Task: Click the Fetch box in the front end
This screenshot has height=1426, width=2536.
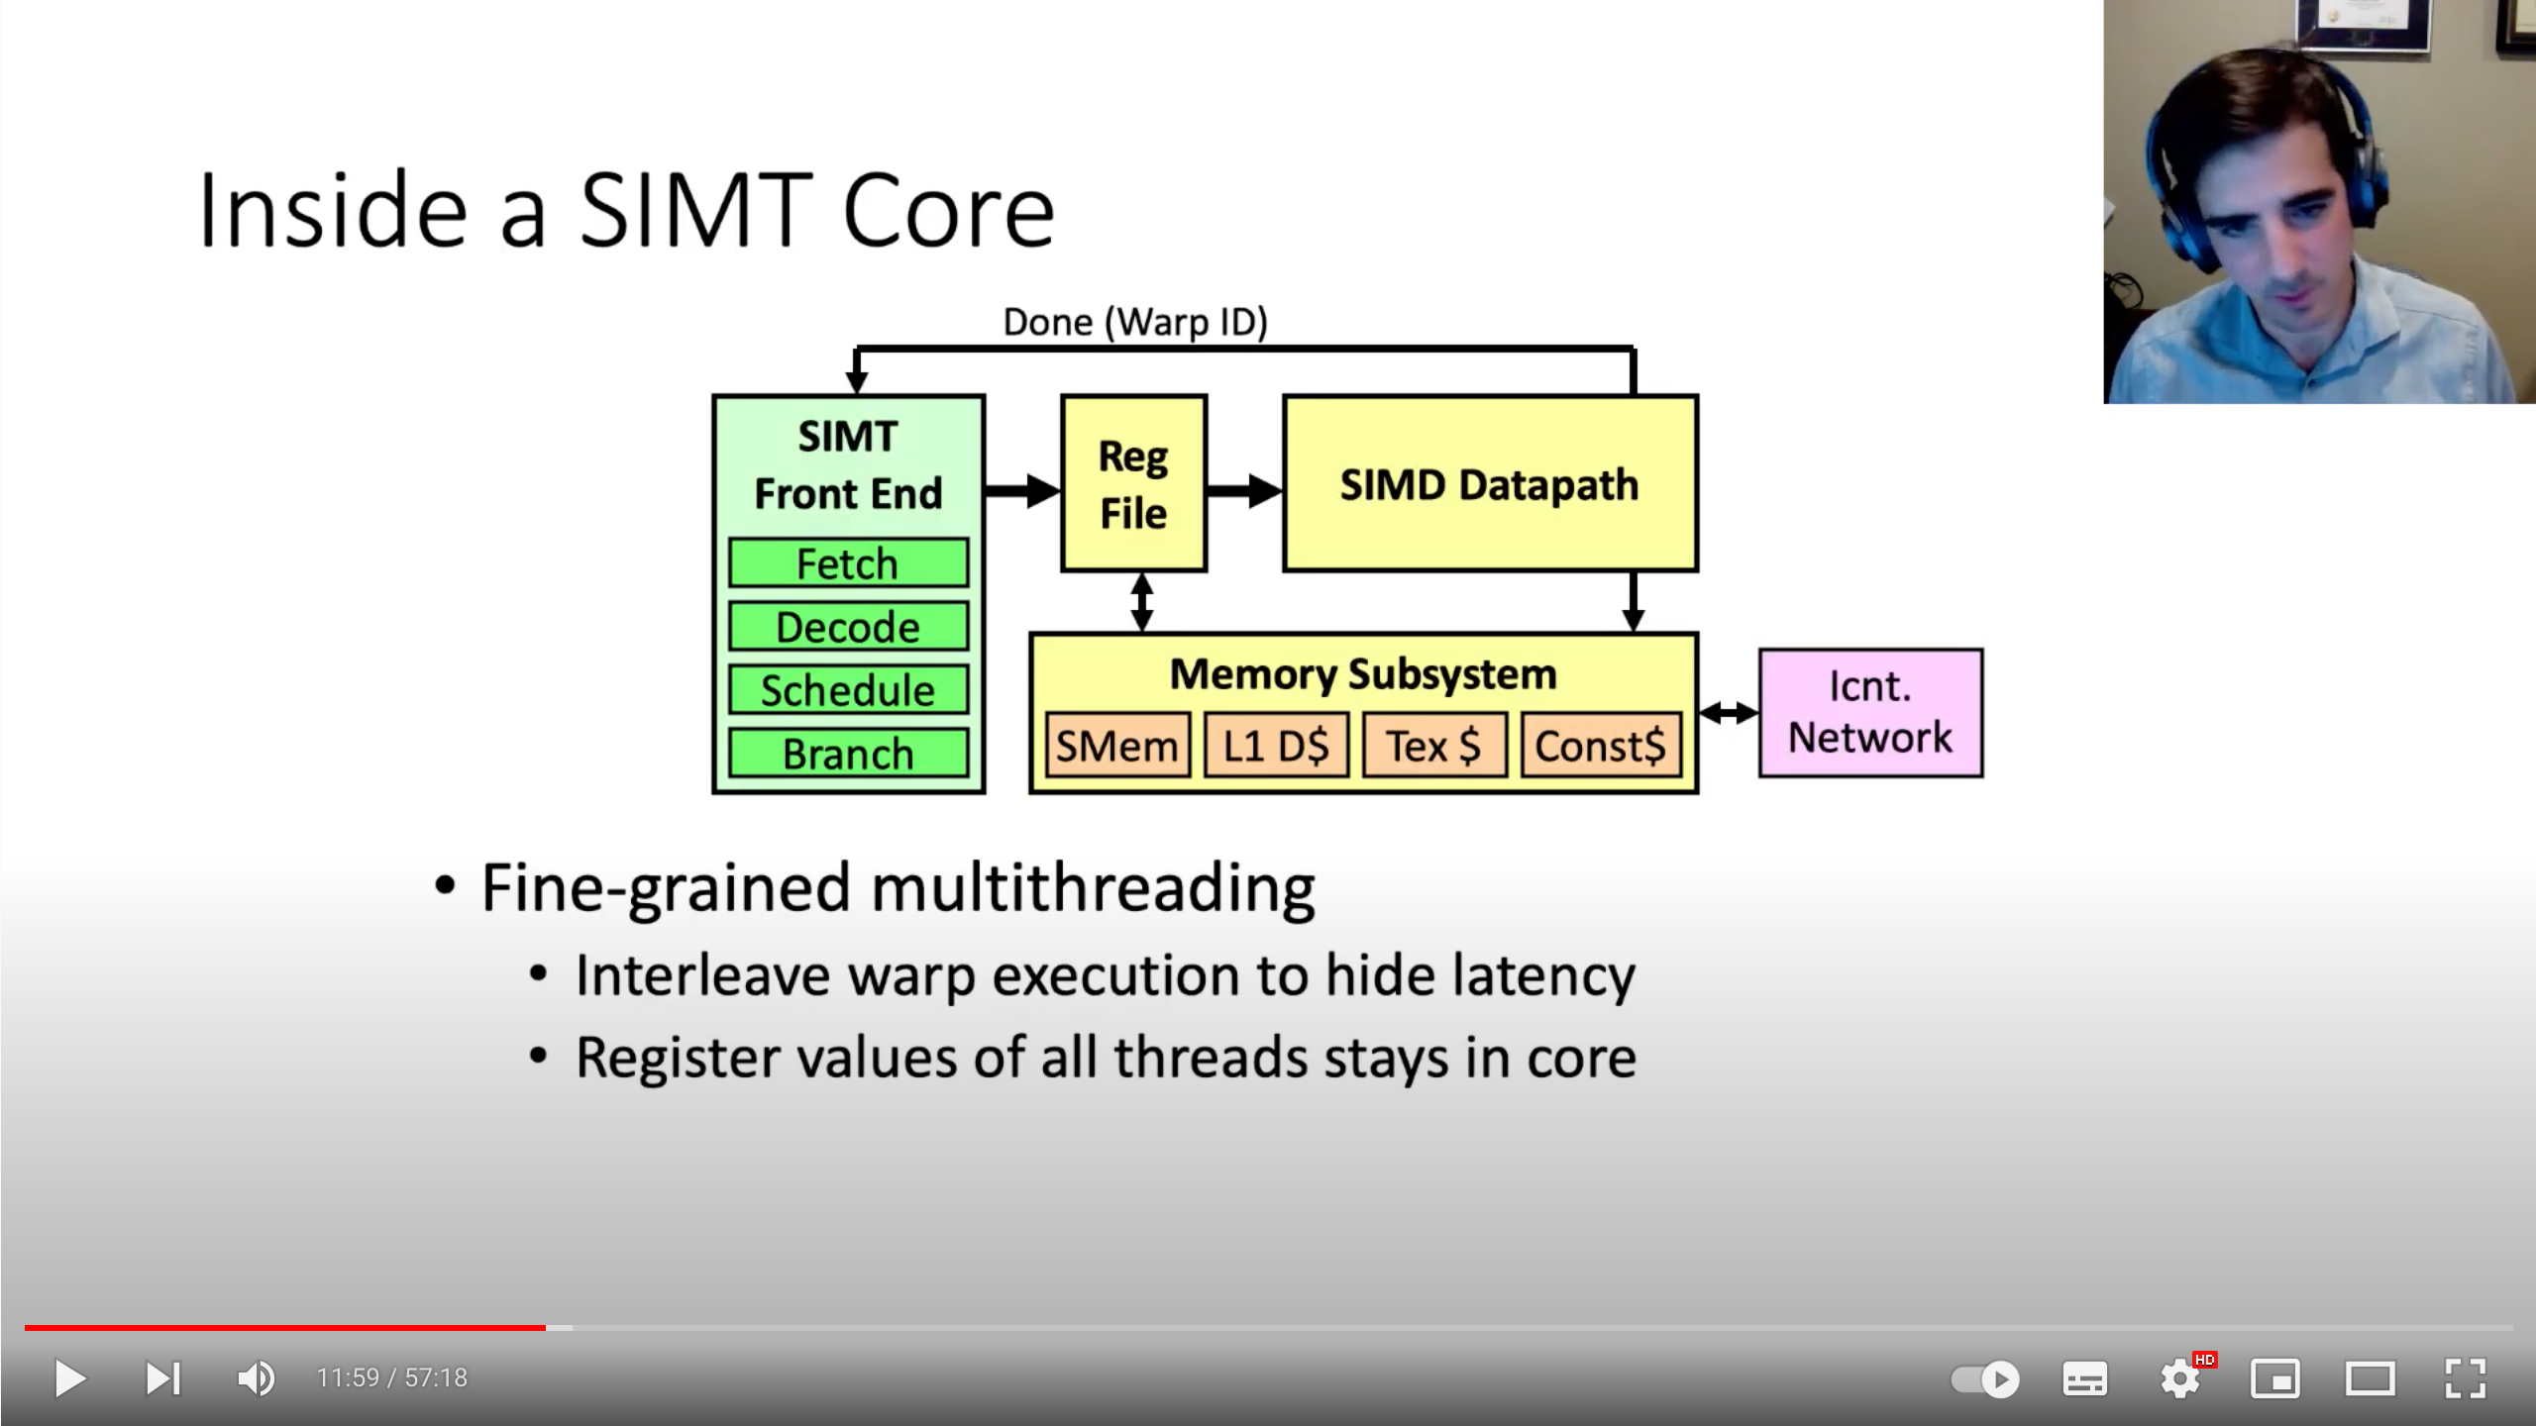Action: click(848, 563)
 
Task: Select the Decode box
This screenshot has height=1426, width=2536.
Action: click(848, 627)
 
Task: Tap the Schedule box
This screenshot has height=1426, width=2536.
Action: click(848, 690)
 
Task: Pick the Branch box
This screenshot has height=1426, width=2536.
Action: click(848, 754)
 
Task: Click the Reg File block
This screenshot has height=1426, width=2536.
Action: click(1133, 484)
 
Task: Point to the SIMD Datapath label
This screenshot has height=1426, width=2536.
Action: click(1489, 484)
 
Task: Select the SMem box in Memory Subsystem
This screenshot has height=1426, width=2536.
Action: click(1117, 746)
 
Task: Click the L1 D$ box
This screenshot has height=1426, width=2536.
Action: click(1276, 746)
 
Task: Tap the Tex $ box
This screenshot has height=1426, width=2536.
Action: click(1434, 746)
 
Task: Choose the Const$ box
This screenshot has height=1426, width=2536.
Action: click(1601, 746)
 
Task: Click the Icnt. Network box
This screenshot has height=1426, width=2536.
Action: click(1870, 713)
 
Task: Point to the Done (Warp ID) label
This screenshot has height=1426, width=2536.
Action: click(1135, 322)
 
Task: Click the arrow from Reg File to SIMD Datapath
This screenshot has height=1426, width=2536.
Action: click(1244, 490)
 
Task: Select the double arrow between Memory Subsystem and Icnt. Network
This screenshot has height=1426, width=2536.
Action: click(1729, 712)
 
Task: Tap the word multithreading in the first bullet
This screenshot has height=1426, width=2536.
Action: click(1093, 888)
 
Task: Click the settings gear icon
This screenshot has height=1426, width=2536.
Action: click(2179, 1378)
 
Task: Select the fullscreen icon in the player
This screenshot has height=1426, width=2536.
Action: click(2465, 1378)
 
